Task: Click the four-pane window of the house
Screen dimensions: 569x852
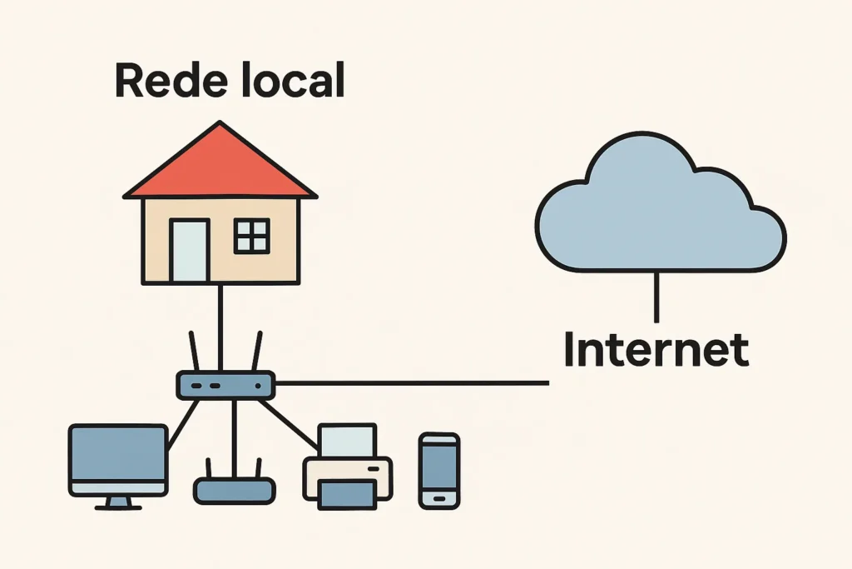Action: click(251, 236)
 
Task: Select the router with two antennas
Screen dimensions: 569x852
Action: click(225, 385)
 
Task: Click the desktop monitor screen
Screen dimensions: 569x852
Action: click(117, 458)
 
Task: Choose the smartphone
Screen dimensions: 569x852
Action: click(438, 470)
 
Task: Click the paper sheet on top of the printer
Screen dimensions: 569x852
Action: click(348, 441)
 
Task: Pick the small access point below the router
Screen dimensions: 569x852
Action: click(234, 490)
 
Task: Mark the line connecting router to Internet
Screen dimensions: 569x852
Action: click(412, 383)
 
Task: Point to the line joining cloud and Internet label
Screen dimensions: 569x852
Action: click(656, 296)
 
